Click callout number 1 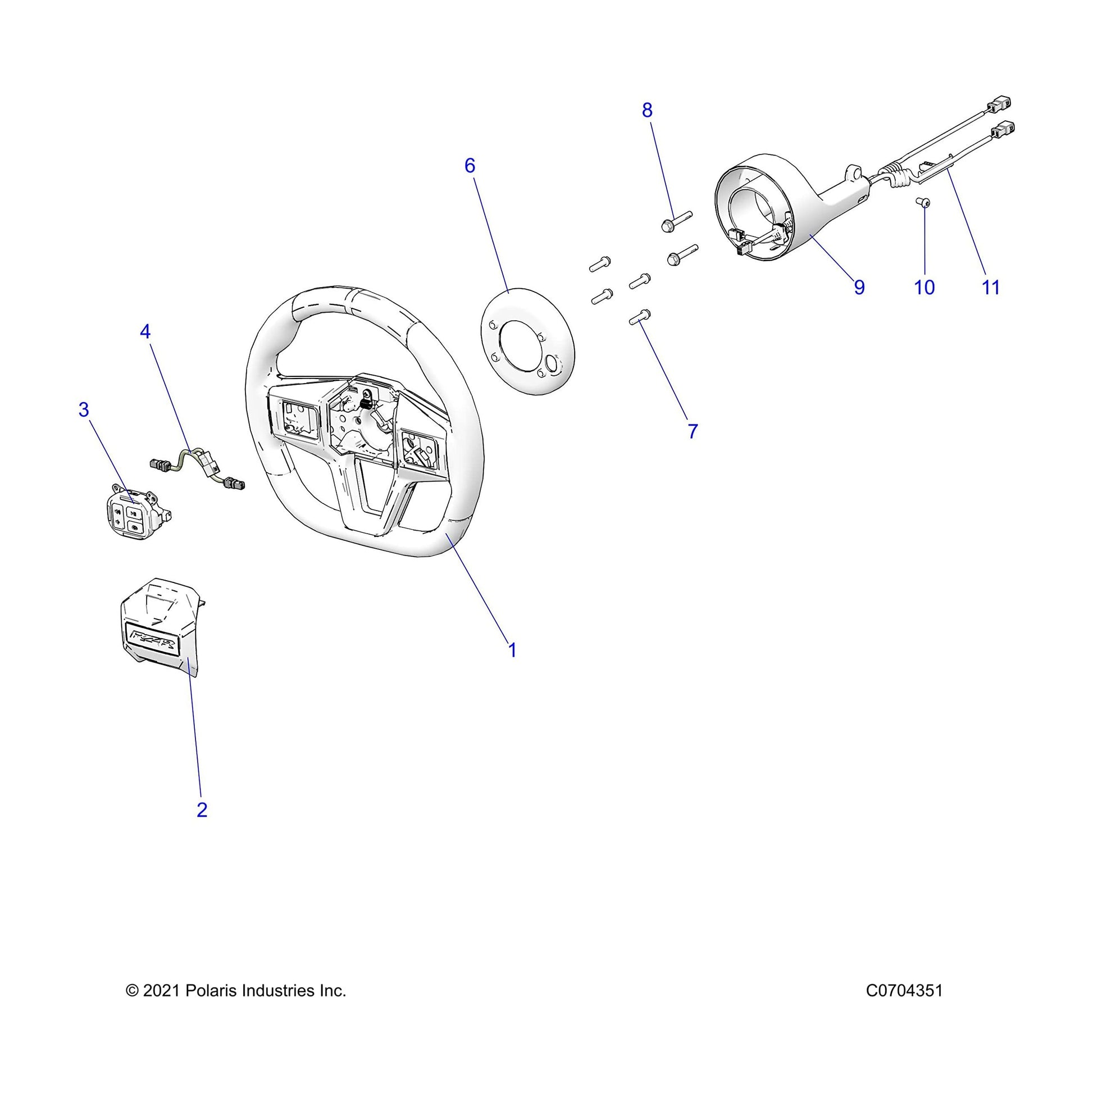[x=512, y=650]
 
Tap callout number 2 [x=202, y=809]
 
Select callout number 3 [x=84, y=409]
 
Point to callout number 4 [x=145, y=331]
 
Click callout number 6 [x=470, y=166]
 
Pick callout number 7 [x=693, y=431]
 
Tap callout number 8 [x=647, y=110]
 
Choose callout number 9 [x=859, y=288]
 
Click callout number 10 [x=925, y=288]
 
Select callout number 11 [x=991, y=288]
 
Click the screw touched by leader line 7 [x=640, y=317]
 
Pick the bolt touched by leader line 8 [x=676, y=221]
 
